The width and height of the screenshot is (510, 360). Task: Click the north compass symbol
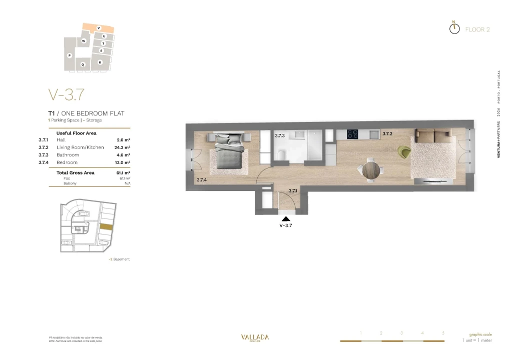(454, 28)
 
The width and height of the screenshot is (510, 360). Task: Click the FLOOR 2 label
(477, 29)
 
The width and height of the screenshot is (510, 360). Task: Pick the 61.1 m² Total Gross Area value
(123, 172)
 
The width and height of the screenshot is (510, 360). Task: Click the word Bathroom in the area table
(68, 155)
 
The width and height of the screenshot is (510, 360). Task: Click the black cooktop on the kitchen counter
(353, 134)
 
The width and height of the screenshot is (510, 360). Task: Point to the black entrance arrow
(285, 218)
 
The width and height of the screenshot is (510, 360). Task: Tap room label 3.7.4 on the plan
(202, 179)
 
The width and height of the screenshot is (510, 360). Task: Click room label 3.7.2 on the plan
(387, 134)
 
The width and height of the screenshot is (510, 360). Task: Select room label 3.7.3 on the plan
(279, 135)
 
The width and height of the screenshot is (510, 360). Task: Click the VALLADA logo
(255, 337)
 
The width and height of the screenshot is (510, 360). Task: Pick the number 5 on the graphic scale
(443, 332)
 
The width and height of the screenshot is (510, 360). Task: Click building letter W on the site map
(84, 40)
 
